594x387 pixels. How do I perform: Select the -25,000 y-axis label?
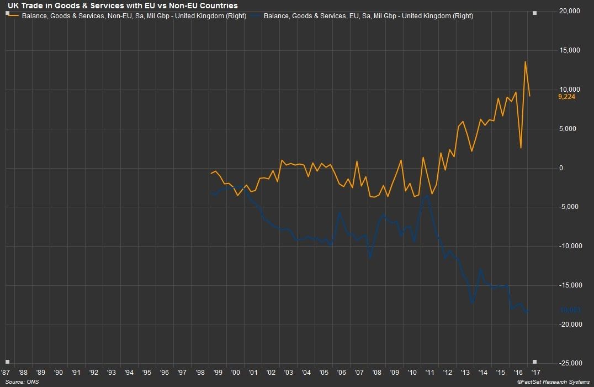569,363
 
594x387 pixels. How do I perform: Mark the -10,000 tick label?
569,246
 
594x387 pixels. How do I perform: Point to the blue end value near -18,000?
569,310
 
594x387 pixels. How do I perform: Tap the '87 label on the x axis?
6,373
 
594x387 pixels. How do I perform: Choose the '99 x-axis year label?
218,373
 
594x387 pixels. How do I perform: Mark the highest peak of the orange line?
525,61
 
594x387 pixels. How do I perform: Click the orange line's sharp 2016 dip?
521,148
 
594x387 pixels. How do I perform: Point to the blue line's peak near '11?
427,195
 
